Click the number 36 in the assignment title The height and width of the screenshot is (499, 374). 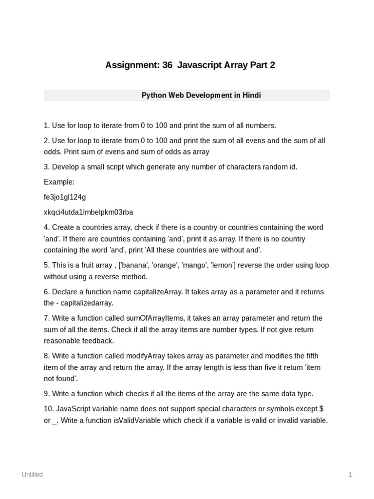click(167, 65)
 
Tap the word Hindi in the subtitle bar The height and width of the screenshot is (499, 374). click(251, 96)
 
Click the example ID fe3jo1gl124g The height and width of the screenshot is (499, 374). click(65, 197)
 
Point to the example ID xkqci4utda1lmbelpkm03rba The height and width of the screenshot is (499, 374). click(88, 212)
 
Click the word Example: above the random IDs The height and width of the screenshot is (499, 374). click(59, 182)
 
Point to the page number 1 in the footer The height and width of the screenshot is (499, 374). click(350, 475)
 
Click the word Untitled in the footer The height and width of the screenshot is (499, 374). click(32, 475)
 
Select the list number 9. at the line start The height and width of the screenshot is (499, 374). click(47, 394)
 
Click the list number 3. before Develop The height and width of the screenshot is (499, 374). click(47, 167)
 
